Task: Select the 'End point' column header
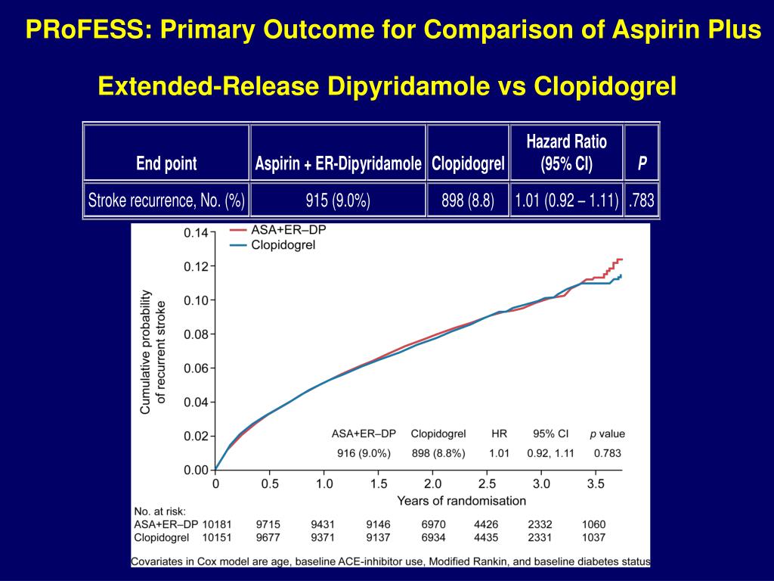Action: [x=166, y=163]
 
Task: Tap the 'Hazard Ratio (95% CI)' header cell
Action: [x=566, y=152]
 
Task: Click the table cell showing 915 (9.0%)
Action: [x=338, y=200]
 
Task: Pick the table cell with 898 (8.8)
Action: [x=468, y=200]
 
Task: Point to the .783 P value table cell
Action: [x=642, y=200]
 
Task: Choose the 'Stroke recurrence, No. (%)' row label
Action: [x=166, y=200]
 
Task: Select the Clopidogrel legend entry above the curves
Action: [x=283, y=244]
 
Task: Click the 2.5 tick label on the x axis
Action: [x=488, y=483]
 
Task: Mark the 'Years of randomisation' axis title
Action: [x=461, y=500]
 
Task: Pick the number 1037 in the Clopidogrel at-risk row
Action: [x=594, y=537]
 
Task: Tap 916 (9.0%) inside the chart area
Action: [x=364, y=453]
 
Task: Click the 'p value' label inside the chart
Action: [x=607, y=434]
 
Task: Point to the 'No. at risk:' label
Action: [x=159, y=511]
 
